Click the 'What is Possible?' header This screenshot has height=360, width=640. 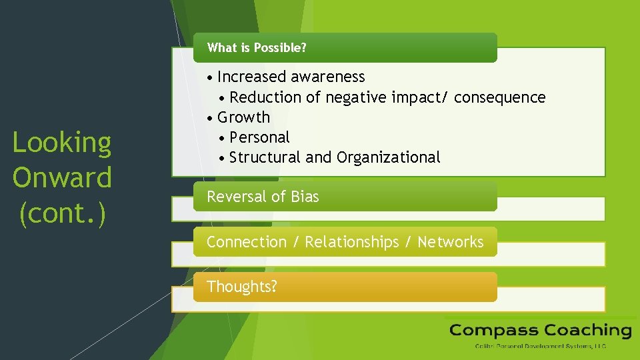(x=257, y=48)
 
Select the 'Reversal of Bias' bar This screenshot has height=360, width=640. (x=263, y=197)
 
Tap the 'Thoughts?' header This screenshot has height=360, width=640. (x=242, y=287)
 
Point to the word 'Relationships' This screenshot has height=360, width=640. (x=351, y=242)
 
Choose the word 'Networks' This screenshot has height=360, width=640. (x=450, y=242)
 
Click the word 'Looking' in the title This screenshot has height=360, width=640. (x=62, y=143)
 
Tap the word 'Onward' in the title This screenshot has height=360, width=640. (x=62, y=179)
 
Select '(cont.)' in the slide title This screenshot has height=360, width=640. (x=62, y=214)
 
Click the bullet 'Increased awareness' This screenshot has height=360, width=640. (x=291, y=77)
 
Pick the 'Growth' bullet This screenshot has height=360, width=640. (x=243, y=117)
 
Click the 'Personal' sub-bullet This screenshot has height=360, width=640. (x=259, y=137)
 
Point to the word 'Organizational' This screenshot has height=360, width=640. (x=389, y=157)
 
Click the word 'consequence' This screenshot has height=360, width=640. (x=499, y=97)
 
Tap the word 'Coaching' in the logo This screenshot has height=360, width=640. (x=587, y=330)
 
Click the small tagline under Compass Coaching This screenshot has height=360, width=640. (x=540, y=346)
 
